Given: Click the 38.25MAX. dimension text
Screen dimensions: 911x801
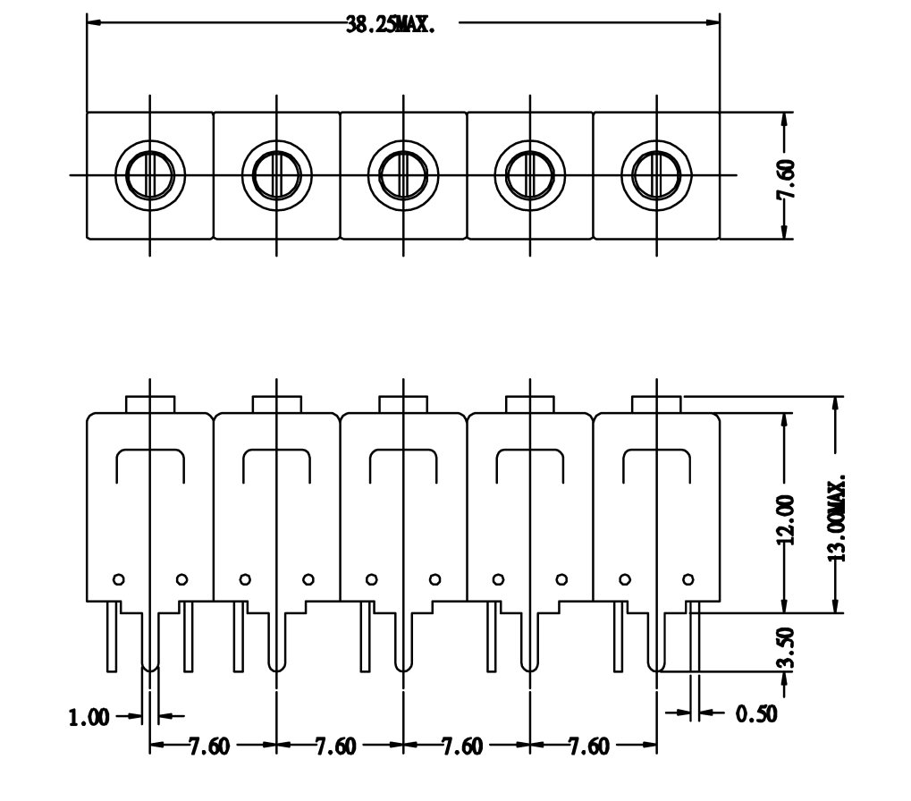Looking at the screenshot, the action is (391, 24).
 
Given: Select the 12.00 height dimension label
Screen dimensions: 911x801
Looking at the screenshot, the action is (785, 519).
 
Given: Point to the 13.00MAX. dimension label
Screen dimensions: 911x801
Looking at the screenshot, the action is (836, 518).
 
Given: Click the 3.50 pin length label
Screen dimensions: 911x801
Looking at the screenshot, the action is (785, 648).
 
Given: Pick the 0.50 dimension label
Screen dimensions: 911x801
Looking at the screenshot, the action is (756, 713).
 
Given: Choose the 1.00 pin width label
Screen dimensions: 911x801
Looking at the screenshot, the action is (89, 717).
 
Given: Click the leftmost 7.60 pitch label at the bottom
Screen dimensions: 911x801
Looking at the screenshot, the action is (209, 746).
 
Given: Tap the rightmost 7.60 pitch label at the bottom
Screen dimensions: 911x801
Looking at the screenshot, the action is (589, 746).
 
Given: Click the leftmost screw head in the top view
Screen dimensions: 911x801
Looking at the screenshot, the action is (150, 175).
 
